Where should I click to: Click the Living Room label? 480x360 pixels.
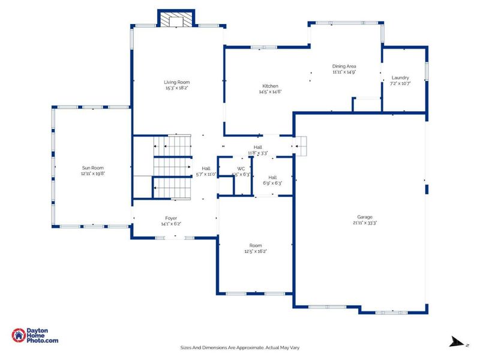177,82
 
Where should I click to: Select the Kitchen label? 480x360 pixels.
269,86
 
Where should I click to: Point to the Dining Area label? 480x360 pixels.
344,66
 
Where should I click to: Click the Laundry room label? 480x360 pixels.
400,77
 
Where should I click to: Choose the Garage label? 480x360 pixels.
365,217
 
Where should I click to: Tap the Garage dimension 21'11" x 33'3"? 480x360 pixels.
365,223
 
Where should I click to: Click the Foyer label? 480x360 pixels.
171,218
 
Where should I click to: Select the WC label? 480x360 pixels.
241,169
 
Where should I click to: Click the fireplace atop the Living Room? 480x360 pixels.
176,20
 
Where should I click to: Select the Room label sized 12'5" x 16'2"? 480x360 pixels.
256,245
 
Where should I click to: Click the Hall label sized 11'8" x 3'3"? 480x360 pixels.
258,147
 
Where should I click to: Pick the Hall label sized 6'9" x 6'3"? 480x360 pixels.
272,177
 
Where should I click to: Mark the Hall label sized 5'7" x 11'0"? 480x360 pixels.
206,169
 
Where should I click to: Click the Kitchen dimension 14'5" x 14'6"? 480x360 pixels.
269,92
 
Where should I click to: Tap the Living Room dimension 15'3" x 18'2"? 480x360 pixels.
177,88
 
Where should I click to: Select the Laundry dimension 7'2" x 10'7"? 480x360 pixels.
400,83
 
